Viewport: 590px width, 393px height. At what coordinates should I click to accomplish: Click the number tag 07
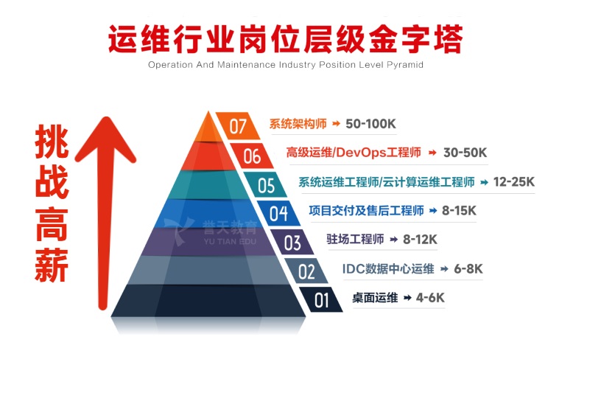(238, 126)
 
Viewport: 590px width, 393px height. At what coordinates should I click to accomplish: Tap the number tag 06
(251, 156)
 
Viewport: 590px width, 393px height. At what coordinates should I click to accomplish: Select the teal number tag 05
(266, 184)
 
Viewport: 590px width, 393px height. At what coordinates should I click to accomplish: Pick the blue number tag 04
(278, 213)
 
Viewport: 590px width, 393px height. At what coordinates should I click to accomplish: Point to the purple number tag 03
(292, 243)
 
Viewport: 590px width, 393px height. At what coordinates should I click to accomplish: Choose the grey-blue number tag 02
(306, 271)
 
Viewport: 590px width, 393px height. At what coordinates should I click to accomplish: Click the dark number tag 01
(320, 299)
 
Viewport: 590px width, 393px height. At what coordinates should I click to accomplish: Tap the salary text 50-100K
(370, 124)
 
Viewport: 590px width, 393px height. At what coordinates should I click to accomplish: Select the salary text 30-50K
(465, 153)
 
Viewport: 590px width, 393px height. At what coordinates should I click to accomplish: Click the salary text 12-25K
(513, 181)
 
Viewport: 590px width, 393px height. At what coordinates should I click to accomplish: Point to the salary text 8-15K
(459, 210)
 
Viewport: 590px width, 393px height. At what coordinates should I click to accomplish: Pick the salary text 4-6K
(430, 298)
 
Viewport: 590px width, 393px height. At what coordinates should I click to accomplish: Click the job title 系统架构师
(298, 124)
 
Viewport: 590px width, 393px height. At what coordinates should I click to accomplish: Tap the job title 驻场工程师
(355, 239)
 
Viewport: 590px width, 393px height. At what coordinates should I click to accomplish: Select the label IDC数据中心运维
(388, 268)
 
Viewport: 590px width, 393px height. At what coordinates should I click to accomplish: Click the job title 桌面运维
(375, 298)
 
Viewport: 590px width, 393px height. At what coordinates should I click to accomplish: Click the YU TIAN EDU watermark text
(230, 241)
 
